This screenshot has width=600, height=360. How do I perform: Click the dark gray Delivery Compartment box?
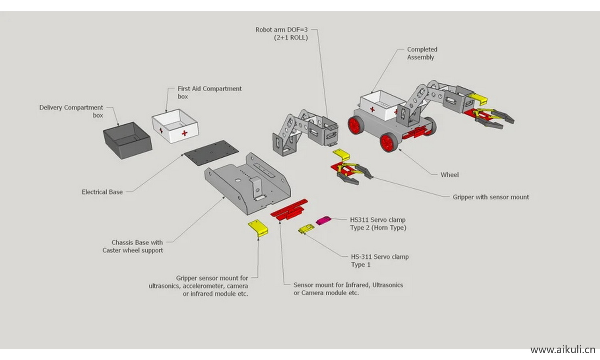127,140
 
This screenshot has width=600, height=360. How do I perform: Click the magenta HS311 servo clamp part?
323,220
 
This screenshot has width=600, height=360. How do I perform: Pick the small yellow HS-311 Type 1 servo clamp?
306,229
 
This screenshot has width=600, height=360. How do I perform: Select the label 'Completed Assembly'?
422,53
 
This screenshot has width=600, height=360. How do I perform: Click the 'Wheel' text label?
450,175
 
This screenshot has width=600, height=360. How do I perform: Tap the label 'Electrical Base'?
102,192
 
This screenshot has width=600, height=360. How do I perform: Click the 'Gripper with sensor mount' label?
491,197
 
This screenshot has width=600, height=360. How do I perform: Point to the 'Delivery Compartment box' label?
71,111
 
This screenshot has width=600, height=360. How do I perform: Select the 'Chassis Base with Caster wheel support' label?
133,246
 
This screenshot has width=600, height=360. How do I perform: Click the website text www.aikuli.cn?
562,350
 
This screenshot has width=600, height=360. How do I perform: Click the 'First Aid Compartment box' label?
210,92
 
